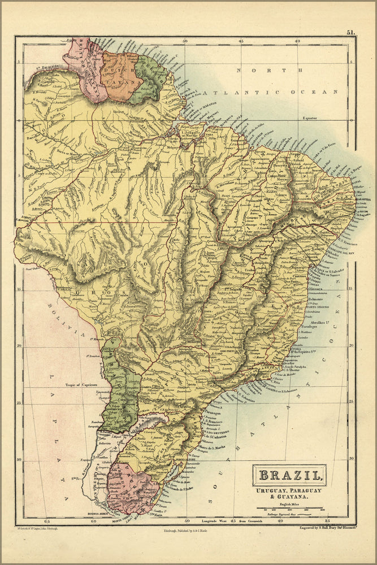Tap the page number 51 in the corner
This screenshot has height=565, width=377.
(x=351, y=33)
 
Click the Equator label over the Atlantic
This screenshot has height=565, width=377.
(x=311, y=118)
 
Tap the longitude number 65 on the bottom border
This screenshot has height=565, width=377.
(x=47, y=521)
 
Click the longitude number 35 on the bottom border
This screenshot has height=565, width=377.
(x=327, y=521)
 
